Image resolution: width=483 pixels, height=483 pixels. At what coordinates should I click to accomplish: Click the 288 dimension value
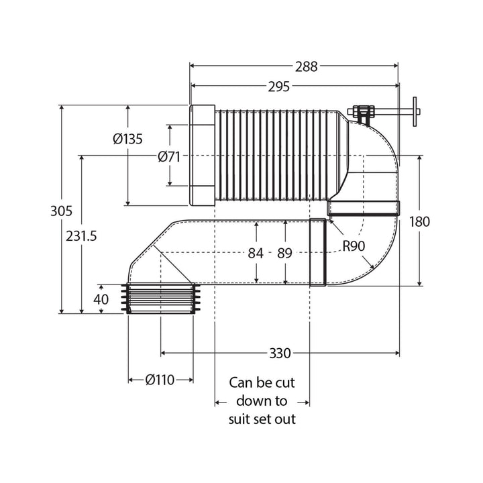click(305, 66)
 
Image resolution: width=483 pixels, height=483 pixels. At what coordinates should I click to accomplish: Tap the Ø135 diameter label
click(127, 139)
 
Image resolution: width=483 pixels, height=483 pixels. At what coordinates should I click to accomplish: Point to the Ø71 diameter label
click(169, 156)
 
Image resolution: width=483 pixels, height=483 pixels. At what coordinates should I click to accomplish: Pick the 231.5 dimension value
click(83, 235)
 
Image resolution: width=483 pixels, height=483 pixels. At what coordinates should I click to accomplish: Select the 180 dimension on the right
click(419, 221)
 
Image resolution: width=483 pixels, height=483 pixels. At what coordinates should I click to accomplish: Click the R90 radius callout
click(353, 246)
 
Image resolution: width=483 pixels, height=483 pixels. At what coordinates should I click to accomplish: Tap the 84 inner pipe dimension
click(257, 253)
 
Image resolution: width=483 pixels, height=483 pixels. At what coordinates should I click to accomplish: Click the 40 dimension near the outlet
click(101, 299)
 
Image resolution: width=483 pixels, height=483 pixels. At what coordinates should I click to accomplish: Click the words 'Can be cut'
click(262, 383)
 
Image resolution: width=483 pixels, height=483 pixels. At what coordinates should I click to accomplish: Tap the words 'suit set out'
click(262, 419)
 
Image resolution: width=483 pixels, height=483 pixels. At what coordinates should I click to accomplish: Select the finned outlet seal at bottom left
click(161, 299)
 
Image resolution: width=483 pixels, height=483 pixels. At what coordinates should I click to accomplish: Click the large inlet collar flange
click(202, 155)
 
